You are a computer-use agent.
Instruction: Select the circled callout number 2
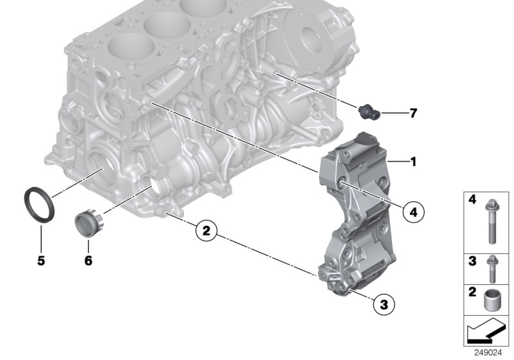click(206, 231)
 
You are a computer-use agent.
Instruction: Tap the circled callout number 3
click(384, 303)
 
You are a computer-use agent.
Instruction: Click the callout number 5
click(40, 262)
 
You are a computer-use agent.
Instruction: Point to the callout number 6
click(88, 261)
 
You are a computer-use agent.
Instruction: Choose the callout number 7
click(413, 114)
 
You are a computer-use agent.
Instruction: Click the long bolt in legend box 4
click(491, 222)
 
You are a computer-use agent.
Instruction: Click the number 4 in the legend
click(472, 201)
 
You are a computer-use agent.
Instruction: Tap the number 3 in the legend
click(472, 261)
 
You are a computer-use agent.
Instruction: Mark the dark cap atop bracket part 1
click(368, 139)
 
